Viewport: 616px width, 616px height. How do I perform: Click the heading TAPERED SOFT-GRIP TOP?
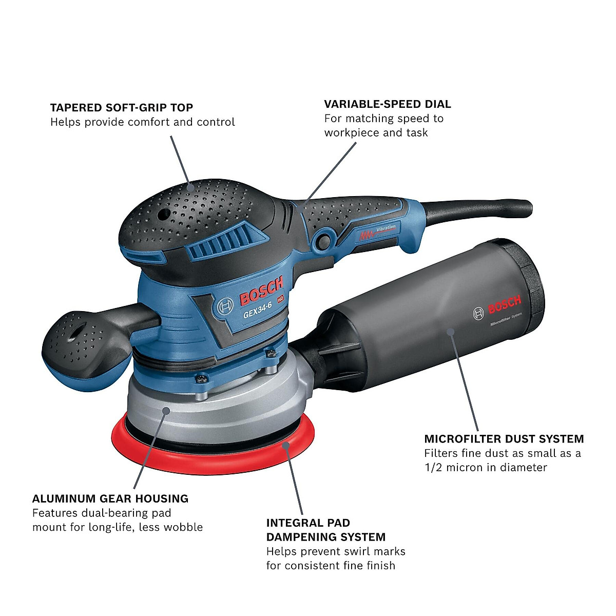coord(121,108)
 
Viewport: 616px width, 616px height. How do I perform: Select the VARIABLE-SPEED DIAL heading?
coord(387,104)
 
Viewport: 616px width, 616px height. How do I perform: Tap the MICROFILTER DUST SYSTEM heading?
coord(504,439)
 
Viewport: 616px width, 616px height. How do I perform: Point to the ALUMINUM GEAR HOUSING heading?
coord(110,498)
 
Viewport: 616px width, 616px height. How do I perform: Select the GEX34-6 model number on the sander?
coord(257,310)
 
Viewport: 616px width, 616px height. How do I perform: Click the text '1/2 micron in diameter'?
coord(485,467)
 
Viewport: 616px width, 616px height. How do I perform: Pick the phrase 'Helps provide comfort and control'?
coord(142,122)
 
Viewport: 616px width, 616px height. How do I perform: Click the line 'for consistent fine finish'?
coord(330,566)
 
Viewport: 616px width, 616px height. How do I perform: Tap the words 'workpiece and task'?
coord(376,132)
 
